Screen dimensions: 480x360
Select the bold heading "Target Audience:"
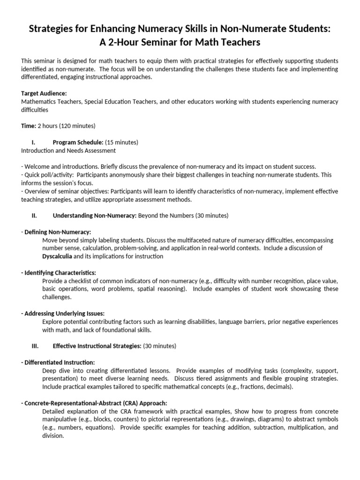pos(44,93)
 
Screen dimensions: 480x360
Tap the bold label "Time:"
pos(28,126)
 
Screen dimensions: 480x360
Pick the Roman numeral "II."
pos(34,216)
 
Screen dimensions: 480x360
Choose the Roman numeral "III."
pos(34,346)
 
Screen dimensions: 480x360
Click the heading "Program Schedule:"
pos(78,142)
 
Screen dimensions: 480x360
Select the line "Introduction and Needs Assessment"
pos(68,150)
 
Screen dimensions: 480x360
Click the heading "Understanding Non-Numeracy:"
pos(94,216)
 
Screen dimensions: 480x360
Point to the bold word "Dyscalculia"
pos(57,256)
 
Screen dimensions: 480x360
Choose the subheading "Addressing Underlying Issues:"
pos(64,313)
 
